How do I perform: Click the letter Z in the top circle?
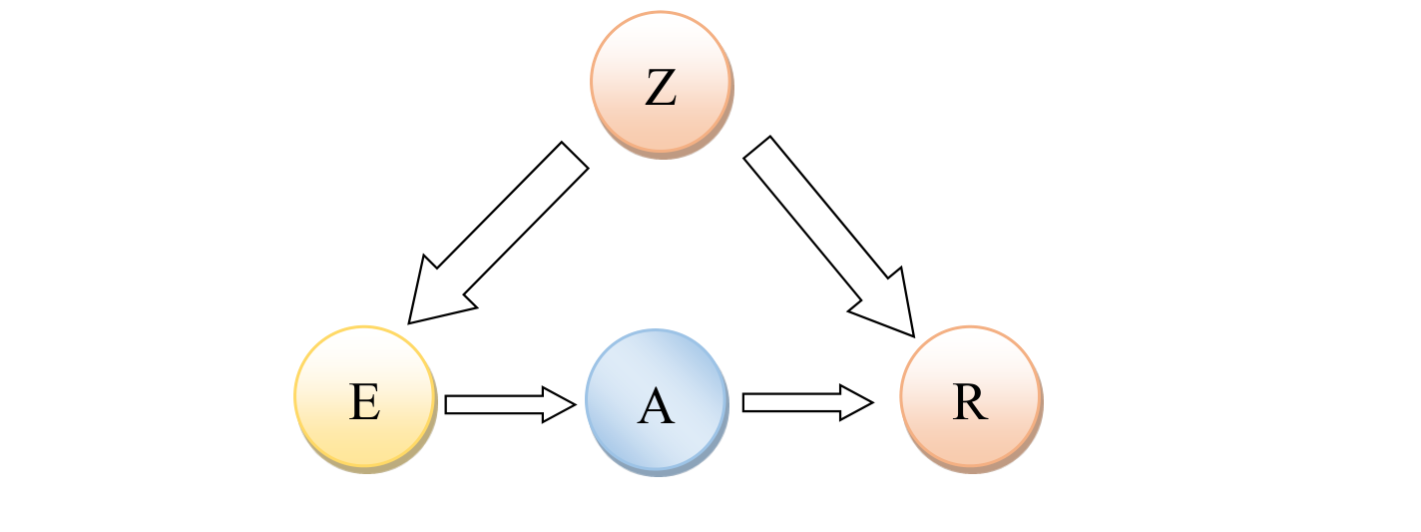pyautogui.click(x=661, y=88)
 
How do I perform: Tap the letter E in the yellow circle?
pyautogui.click(x=364, y=403)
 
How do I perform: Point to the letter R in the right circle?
pyautogui.click(x=969, y=402)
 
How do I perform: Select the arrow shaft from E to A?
pyautogui.click(x=495, y=404)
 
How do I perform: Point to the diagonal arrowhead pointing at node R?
pyautogui.click(x=892, y=309)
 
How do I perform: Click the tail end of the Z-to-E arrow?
pyautogui.click(x=574, y=156)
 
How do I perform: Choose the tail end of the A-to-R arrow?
pyautogui.click(x=746, y=402)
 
